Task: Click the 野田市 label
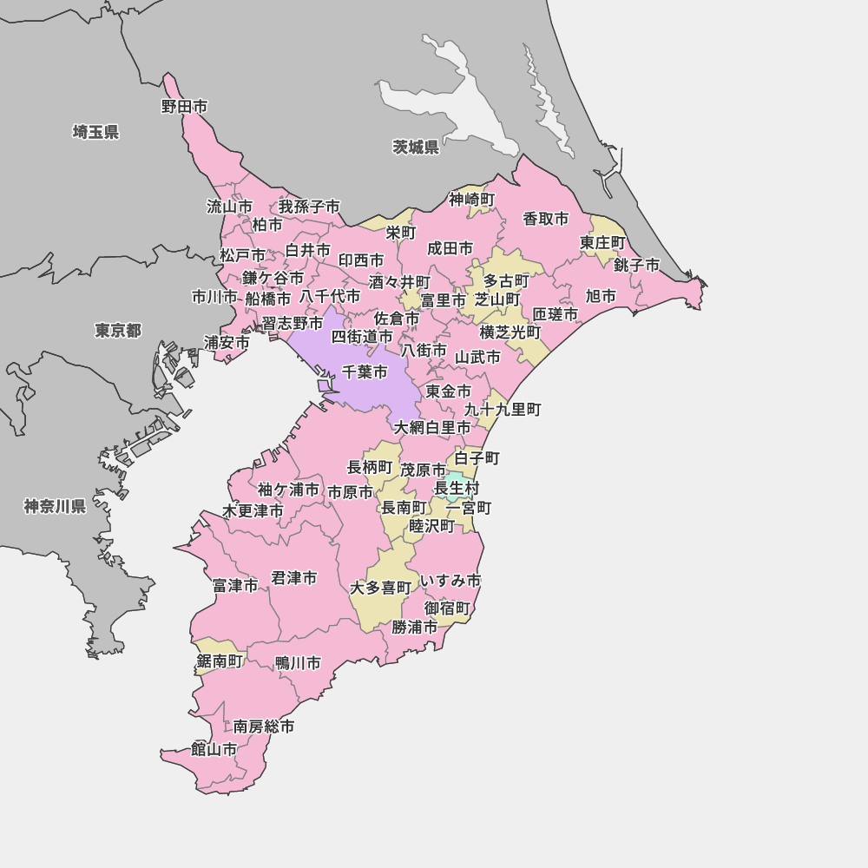click(x=185, y=107)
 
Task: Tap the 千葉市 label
click(x=365, y=372)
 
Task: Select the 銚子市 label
click(x=636, y=265)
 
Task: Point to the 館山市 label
click(x=214, y=749)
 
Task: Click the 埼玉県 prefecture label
click(x=95, y=132)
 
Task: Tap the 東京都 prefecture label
click(x=118, y=331)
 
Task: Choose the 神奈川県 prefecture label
click(x=55, y=506)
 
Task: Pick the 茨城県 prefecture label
click(x=416, y=147)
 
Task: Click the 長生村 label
click(x=457, y=489)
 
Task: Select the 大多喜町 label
click(x=380, y=588)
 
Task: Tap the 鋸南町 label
click(x=220, y=661)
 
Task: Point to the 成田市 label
click(x=450, y=248)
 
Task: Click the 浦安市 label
click(x=227, y=342)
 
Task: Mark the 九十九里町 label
click(x=503, y=409)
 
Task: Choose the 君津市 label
click(x=294, y=577)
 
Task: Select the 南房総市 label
click(x=264, y=726)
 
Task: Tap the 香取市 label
click(x=546, y=219)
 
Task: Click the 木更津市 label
click(x=253, y=511)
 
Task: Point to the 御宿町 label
click(x=447, y=608)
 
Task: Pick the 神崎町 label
click(x=472, y=200)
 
